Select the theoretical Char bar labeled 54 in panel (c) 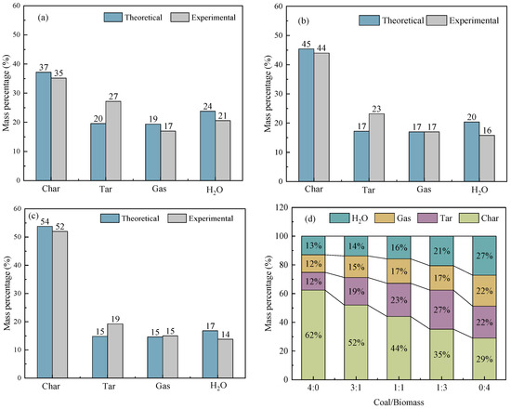point(44,306)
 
